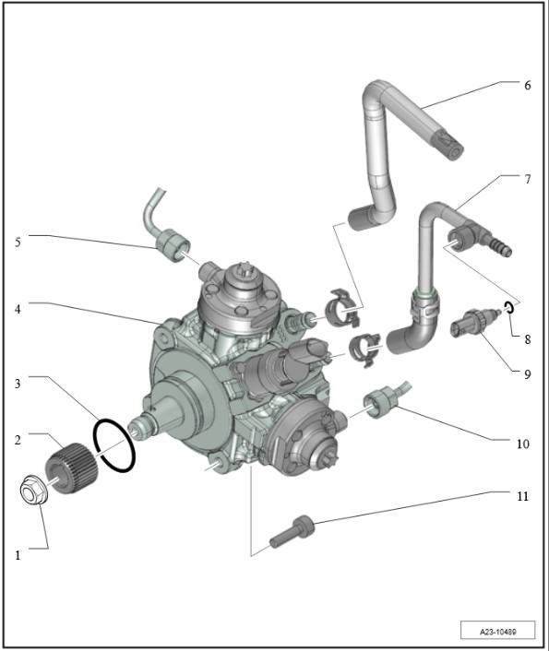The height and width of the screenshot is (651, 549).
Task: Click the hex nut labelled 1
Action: pos(34,491)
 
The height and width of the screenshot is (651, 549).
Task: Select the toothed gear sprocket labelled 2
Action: pos(71,468)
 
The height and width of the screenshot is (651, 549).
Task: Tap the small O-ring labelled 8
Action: pos(508,307)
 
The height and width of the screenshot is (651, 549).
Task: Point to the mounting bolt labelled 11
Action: pos(292,531)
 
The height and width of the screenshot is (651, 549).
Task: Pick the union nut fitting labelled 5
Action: pos(173,246)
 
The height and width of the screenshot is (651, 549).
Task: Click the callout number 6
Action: pos(528,85)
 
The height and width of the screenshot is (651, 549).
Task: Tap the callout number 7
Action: pos(528,180)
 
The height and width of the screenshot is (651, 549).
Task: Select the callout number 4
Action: pos(18,309)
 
